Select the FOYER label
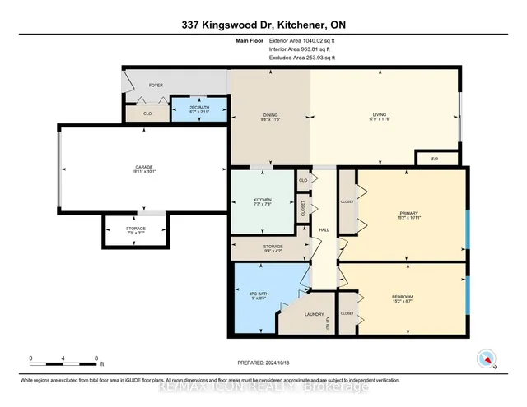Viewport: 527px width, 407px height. [x=156, y=85]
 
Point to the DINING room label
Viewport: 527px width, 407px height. [x=268, y=115]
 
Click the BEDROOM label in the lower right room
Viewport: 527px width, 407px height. [x=402, y=298]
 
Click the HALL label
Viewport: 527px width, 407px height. [x=324, y=229]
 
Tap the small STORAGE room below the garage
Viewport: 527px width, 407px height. [x=136, y=230]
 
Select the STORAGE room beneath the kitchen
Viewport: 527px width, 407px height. [x=273, y=248]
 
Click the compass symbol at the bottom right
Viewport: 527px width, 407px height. [x=485, y=358]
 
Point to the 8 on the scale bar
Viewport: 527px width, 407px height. [x=96, y=358]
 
